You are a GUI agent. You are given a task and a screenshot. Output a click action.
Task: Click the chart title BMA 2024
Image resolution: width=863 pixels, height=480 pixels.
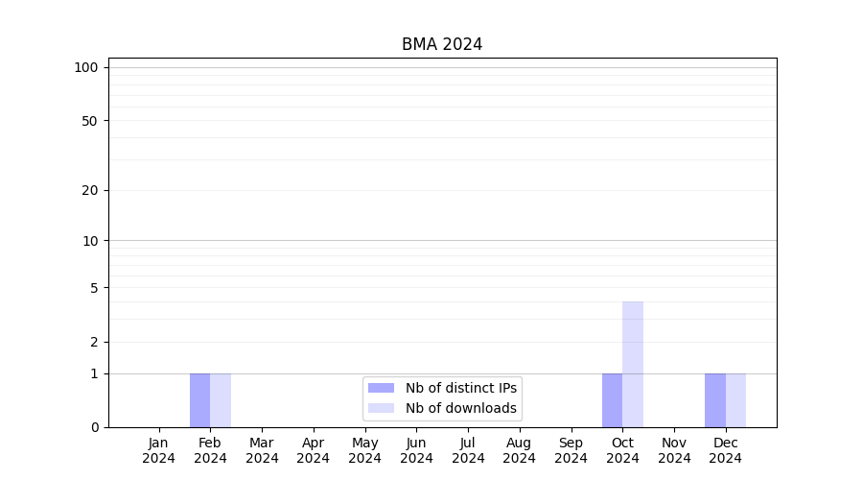(442, 44)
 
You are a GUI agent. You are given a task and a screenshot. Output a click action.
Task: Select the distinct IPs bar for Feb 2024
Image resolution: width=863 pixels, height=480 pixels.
(199, 400)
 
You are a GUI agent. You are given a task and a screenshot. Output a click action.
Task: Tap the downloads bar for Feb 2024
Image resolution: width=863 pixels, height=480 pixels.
(221, 400)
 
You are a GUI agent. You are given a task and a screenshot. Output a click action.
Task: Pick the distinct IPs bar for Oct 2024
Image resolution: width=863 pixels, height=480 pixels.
(612, 400)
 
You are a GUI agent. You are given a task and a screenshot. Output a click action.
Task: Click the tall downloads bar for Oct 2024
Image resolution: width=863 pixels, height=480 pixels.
(633, 365)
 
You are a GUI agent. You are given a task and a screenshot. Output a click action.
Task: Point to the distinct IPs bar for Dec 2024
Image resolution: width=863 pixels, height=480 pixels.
(715, 400)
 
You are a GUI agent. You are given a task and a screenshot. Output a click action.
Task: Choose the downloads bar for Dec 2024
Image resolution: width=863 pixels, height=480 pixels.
(735, 400)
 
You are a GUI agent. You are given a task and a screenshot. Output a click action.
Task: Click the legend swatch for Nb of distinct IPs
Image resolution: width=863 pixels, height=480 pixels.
(381, 388)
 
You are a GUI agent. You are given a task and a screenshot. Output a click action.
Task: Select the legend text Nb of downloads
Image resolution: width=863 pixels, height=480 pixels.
(461, 408)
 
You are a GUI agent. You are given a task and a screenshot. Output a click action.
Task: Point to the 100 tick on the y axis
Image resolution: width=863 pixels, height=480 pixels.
(86, 67)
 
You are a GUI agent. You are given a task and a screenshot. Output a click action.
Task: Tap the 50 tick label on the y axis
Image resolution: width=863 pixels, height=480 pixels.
(90, 121)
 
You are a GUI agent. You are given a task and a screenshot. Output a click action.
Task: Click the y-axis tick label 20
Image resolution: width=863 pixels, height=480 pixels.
(90, 190)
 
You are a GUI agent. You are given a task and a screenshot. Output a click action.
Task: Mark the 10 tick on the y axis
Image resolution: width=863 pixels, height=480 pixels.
(90, 241)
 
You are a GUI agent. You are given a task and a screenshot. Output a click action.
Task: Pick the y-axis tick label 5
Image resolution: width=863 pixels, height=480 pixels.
(94, 288)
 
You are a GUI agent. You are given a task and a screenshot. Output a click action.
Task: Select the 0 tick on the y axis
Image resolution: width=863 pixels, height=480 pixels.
(94, 427)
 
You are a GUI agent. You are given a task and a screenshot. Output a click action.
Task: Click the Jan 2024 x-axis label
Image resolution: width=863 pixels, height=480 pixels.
(159, 450)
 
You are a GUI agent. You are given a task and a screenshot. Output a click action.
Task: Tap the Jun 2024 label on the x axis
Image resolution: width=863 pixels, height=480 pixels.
(416, 450)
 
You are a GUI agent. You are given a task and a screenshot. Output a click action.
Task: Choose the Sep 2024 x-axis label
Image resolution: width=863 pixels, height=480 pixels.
(571, 450)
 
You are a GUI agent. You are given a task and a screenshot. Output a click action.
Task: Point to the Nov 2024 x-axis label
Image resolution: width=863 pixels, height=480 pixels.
(674, 450)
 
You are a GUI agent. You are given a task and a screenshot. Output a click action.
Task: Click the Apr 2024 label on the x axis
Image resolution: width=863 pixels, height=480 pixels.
(314, 450)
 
